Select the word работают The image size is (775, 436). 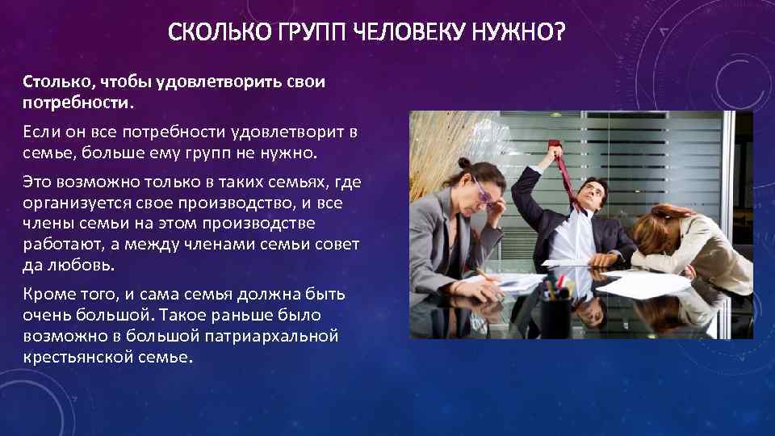click(57, 244)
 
